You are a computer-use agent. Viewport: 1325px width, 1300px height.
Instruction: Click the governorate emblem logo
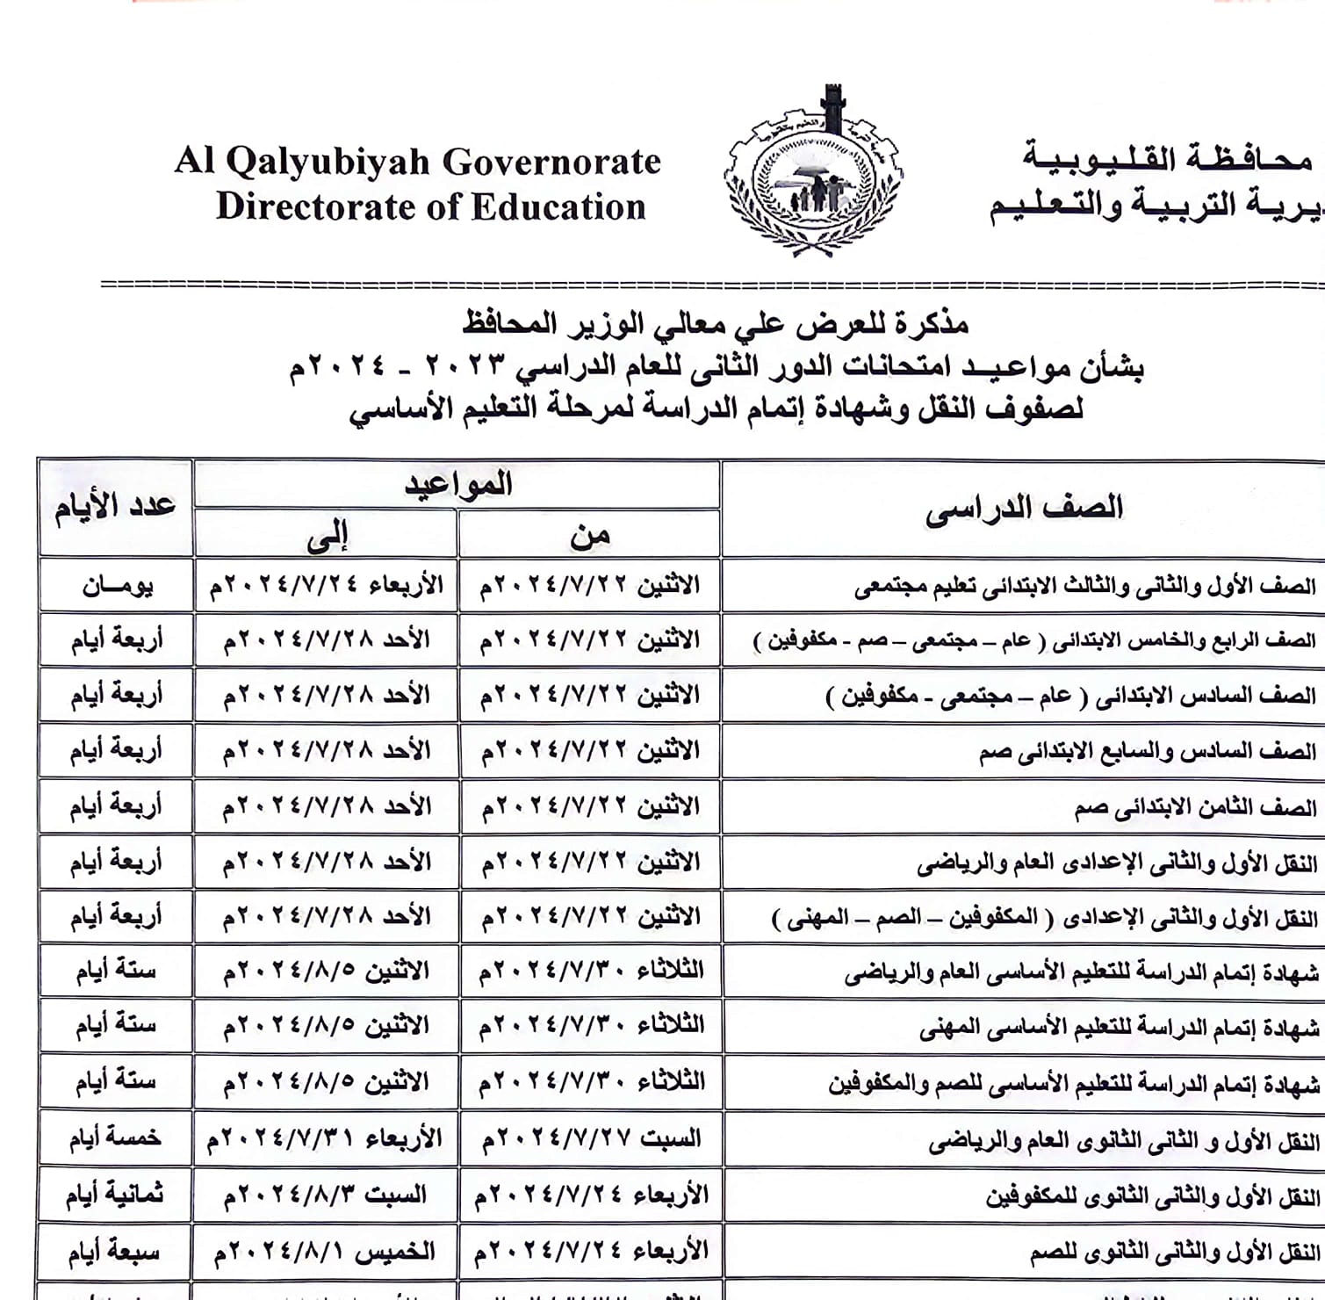tap(814, 173)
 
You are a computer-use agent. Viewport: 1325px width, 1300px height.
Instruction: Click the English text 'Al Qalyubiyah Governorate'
tap(417, 162)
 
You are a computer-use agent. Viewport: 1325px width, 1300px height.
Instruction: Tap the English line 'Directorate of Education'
tap(430, 207)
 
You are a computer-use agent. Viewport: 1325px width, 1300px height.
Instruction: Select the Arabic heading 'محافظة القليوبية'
tap(1167, 159)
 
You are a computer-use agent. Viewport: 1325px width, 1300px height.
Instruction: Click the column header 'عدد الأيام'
tap(115, 507)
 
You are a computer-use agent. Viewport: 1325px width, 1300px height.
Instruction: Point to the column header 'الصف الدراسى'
tap(1024, 509)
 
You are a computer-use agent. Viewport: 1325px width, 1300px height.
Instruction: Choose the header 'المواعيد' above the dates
tap(457, 484)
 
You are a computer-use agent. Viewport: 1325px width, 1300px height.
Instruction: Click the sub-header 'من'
tap(589, 534)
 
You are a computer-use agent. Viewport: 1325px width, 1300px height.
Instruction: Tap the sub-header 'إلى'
tap(327, 535)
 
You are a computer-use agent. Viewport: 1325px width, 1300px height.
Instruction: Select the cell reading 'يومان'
tap(117, 586)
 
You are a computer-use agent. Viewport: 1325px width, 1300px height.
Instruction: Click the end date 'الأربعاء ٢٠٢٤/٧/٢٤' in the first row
tap(327, 586)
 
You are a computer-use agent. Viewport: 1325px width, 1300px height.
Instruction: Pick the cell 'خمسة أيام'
tap(115, 1138)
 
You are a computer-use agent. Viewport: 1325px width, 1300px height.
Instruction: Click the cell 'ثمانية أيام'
tap(114, 1195)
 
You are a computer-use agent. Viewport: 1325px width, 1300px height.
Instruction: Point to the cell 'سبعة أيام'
tap(114, 1251)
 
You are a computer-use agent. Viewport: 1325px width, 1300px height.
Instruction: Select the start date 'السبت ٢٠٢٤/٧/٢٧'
tap(591, 1139)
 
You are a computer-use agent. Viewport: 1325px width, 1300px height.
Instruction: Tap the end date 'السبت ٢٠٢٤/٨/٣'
tap(326, 1195)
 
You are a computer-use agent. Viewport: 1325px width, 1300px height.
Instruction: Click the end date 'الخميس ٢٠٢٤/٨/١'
tap(325, 1251)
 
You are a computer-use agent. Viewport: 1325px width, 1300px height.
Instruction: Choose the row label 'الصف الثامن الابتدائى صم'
tap(1195, 807)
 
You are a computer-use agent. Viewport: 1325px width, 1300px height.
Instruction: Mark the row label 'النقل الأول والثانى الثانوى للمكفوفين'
tap(1152, 1196)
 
